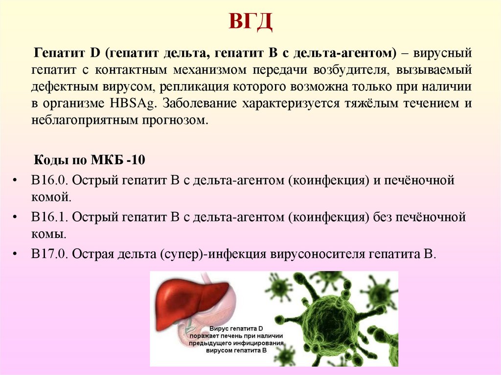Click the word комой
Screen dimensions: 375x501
[x=51, y=198]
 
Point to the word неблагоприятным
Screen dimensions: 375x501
[x=82, y=121]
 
